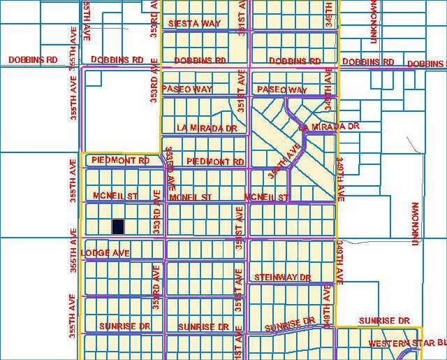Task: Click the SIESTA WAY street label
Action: (194, 24)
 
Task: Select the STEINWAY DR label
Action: (282, 278)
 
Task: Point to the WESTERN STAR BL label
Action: (406, 343)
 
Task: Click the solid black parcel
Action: (118, 226)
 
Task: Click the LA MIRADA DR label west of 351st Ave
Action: (207, 129)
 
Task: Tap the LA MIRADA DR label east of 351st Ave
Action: (328, 127)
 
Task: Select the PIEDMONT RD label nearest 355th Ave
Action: (120, 161)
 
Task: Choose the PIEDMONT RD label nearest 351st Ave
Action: (215, 161)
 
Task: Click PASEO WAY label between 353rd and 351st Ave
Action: (186, 89)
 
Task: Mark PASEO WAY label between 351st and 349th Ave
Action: (281, 90)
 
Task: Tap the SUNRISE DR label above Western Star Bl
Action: (383, 321)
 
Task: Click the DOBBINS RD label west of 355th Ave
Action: (33, 60)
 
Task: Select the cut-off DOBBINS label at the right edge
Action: (426, 64)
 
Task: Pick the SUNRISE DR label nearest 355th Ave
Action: (124, 326)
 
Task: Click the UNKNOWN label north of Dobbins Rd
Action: (374, 22)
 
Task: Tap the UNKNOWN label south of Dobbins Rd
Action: (416, 224)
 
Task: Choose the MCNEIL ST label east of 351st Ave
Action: (267, 198)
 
